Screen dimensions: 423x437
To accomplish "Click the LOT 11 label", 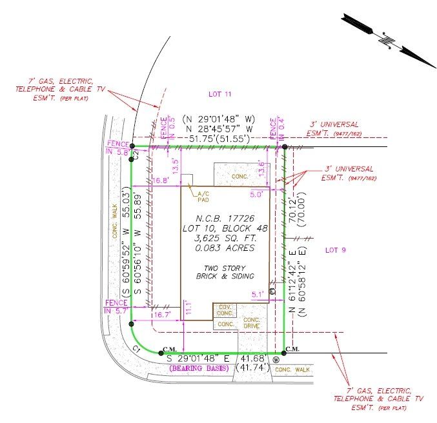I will coord(219,94).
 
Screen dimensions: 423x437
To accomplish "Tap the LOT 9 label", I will coord(337,250).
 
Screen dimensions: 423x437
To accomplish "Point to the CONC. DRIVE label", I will coord(252,322).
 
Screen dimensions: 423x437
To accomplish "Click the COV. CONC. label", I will coord(225,309).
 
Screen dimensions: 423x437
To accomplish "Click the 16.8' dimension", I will coord(160,181).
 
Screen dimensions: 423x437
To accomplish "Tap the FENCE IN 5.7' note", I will coord(117,306).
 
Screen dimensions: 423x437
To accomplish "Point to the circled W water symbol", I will coord(276,360).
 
